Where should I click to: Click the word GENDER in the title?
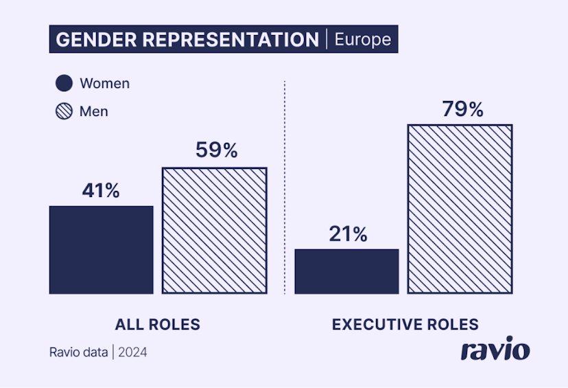point(88,40)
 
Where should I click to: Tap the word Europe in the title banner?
point(362,40)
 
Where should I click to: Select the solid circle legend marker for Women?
point(64,84)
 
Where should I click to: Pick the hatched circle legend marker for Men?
point(64,111)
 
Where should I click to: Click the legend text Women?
point(104,84)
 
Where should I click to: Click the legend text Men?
point(94,111)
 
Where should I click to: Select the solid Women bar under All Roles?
point(102,250)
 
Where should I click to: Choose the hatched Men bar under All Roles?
point(214,231)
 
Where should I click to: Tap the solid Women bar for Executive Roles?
point(346,271)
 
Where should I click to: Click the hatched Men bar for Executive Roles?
point(460,209)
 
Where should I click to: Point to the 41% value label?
point(101,190)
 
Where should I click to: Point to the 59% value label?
point(215,150)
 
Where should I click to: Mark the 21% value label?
point(347,233)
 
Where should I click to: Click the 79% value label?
point(462,109)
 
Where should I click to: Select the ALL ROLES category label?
point(157,325)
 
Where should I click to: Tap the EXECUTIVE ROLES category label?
point(405,325)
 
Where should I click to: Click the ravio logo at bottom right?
point(495,349)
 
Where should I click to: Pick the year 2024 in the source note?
point(132,353)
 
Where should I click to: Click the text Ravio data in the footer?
point(78,353)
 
